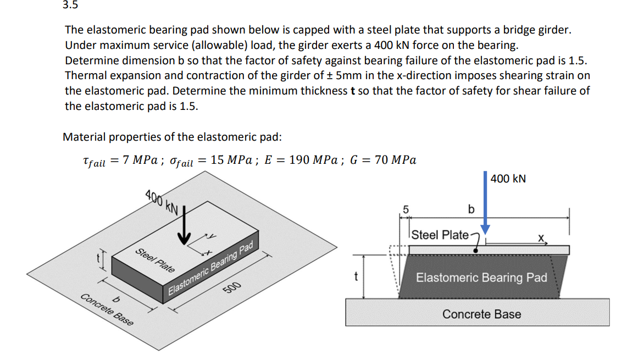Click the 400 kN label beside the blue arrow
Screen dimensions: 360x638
pos(508,179)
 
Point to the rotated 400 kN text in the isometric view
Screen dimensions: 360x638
pos(162,201)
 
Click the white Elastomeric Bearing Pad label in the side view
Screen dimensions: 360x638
pos(481,278)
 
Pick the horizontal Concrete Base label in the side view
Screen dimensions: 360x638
pos(481,314)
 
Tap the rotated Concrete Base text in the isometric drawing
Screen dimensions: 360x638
pos(107,311)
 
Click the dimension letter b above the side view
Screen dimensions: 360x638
pos(470,209)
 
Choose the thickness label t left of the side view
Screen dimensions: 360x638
pos(356,278)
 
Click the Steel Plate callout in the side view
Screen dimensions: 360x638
pos(440,235)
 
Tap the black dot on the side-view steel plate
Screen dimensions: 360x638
pos(475,250)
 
